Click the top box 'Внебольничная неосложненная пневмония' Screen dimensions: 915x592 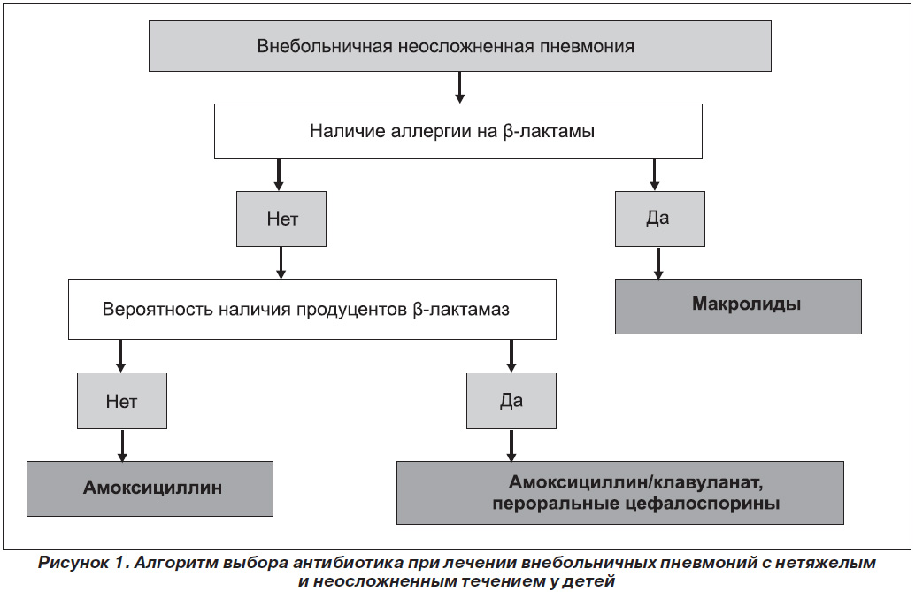point(460,46)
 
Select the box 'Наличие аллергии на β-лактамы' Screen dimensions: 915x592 point(458,131)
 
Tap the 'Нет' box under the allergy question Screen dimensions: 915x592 point(281,219)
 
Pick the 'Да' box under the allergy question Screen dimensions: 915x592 point(660,219)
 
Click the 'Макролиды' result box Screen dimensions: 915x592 point(738,306)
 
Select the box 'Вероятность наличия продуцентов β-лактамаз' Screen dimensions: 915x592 point(312,310)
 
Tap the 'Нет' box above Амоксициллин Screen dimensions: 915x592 point(122,401)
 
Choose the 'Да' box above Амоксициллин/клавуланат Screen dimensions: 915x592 point(511,401)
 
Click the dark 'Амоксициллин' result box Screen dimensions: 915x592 point(150,488)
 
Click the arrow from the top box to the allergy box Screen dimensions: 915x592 point(460,88)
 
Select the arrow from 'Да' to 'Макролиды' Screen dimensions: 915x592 point(659,263)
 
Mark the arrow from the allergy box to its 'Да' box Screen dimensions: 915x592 point(654,175)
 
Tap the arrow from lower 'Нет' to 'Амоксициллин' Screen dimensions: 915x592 point(122,445)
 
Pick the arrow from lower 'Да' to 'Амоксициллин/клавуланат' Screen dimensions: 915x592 point(511,445)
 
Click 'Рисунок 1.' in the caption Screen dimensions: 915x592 point(83,563)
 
